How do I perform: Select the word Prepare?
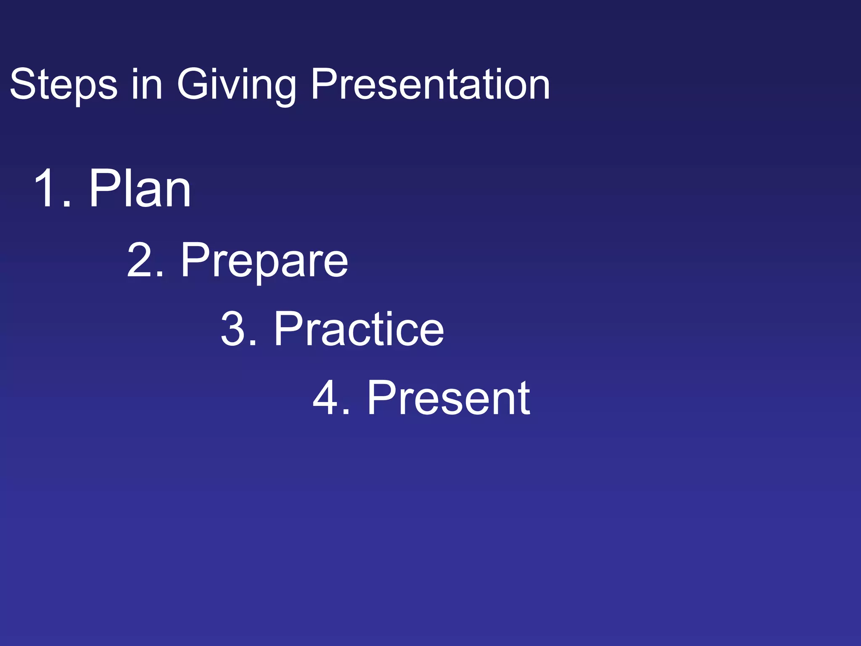pos(264,260)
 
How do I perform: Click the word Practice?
pos(359,329)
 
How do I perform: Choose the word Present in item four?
pos(449,398)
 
